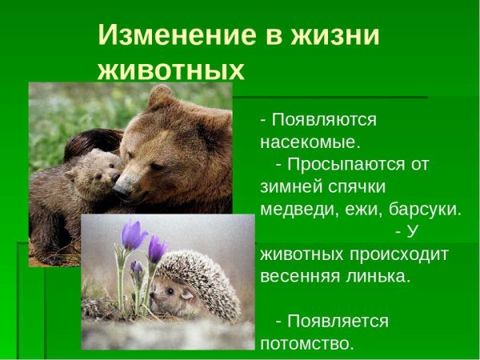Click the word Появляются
324,120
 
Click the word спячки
354,187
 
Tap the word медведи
294,210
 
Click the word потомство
306,344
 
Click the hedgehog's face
167,296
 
